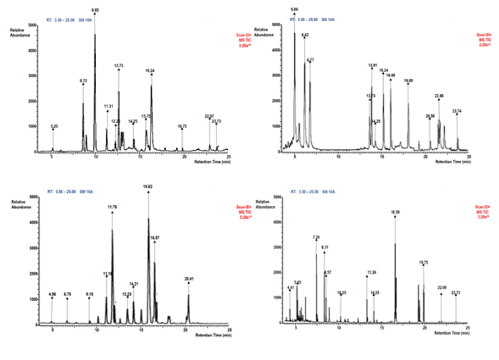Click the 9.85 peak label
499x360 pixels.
95,10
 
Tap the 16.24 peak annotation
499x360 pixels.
150,70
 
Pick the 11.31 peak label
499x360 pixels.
108,106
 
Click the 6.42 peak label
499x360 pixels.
305,35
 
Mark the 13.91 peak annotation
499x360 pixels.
372,65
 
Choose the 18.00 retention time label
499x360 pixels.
408,80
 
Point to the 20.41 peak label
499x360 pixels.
189,278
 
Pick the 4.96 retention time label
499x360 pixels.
52,293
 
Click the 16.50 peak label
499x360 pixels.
395,212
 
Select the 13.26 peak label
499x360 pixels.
371,273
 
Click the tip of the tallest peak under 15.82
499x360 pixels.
148,218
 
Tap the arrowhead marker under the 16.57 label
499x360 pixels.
154,241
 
